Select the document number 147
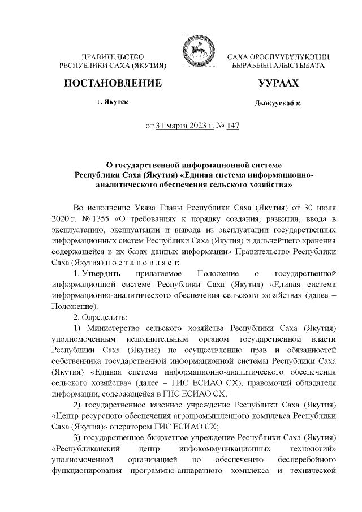(232, 126)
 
